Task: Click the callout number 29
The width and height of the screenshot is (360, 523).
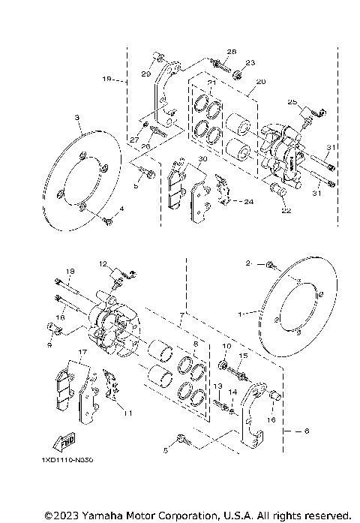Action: coord(147,74)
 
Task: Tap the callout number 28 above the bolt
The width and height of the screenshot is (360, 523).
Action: coord(231,52)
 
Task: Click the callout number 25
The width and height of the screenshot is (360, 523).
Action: coord(293,101)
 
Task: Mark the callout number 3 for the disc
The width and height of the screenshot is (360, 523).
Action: coord(76,118)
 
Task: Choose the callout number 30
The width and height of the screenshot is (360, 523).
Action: coord(202,159)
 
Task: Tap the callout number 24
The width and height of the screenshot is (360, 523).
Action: coord(250,201)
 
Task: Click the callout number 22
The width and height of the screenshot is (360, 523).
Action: coord(286,212)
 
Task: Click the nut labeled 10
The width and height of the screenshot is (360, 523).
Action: coord(223,365)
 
